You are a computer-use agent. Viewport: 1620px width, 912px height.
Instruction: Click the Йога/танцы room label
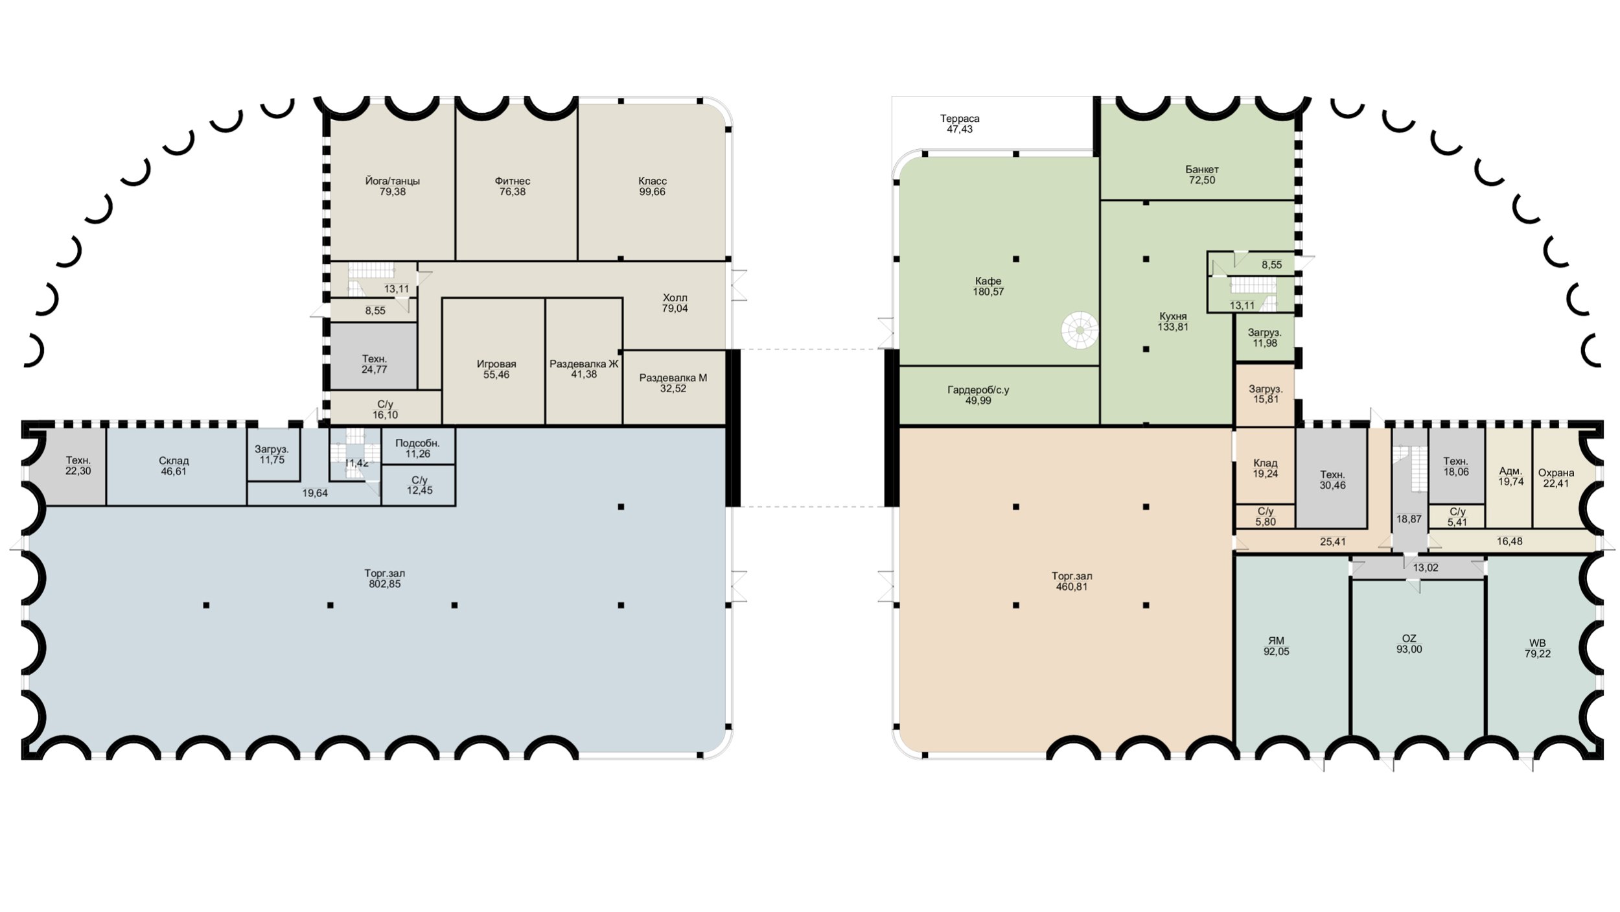click(x=392, y=181)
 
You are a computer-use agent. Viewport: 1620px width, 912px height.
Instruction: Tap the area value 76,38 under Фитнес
click(x=512, y=192)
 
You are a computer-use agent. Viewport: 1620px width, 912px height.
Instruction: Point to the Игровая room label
click(x=496, y=364)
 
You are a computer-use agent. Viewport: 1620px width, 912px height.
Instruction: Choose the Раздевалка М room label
click(x=673, y=378)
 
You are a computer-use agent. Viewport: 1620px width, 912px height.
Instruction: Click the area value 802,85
click(x=385, y=584)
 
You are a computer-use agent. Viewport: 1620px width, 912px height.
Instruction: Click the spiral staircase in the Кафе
click(x=1080, y=331)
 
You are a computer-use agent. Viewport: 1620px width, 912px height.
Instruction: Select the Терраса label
click(x=960, y=119)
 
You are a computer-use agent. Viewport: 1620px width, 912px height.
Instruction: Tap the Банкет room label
click(x=1202, y=170)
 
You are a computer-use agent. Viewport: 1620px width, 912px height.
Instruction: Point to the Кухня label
click(x=1173, y=316)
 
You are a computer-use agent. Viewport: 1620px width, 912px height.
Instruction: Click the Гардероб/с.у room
click(x=999, y=395)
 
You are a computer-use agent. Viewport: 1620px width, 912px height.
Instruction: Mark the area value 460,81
click(x=1072, y=587)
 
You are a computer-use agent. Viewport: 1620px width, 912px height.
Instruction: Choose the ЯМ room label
click(x=1276, y=641)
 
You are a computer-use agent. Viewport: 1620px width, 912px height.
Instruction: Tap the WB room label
click(x=1537, y=643)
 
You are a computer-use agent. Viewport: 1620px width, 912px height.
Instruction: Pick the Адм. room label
click(x=1510, y=471)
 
